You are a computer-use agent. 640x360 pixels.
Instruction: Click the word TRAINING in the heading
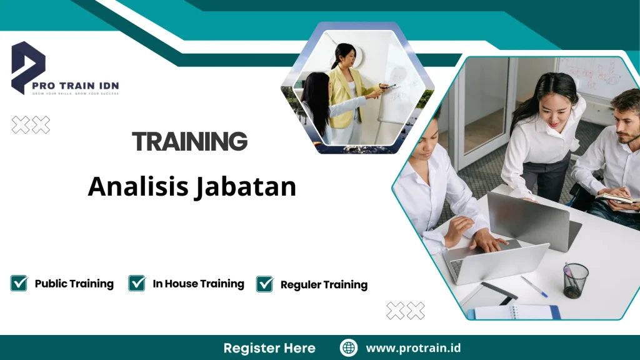(x=190, y=142)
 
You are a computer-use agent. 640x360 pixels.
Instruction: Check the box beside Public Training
(x=19, y=284)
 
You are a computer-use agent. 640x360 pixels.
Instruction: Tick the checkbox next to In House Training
(x=137, y=284)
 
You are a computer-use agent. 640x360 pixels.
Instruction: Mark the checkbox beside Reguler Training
(x=265, y=284)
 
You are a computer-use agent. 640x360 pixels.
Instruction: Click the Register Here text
(x=269, y=348)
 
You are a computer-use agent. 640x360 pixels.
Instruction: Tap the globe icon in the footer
(x=349, y=348)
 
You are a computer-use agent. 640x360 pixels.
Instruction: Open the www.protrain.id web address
(x=413, y=348)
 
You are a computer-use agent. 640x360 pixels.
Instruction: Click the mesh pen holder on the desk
(x=576, y=280)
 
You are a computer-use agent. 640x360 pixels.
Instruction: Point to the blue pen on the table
(x=534, y=286)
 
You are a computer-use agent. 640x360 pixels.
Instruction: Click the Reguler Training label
(x=324, y=285)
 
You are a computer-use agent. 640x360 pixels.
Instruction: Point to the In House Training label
(x=198, y=284)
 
